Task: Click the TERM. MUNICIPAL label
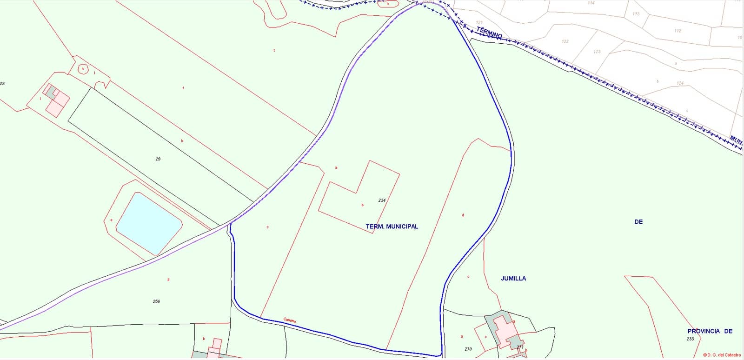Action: tap(392, 227)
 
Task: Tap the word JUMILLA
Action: tap(513, 278)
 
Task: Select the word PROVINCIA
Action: tap(704, 331)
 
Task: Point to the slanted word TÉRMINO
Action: tap(489, 33)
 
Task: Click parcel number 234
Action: tap(382, 200)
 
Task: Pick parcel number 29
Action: tap(158, 159)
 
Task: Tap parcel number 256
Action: tap(156, 301)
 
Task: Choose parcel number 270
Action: tap(468, 349)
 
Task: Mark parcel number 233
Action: tap(690, 339)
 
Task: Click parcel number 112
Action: tap(678, 31)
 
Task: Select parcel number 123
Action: tap(597, 52)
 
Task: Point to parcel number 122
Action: tap(565, 41)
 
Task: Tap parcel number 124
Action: tap(680, 83)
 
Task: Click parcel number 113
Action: tap(636, 14)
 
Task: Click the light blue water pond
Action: tap(148, 221)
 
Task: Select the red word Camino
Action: tap(290, 320)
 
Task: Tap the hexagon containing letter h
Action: tap(83, 69)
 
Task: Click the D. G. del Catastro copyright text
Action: tap(722, 355)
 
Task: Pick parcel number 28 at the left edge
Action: tap(2, 84)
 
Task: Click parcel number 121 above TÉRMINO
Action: tap(479, 22)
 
